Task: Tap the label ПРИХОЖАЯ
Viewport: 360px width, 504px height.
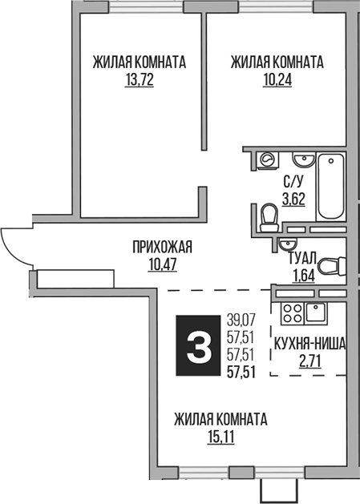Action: pyautogui.click(x=163, y=247)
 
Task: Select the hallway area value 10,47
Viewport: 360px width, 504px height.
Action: pyautogui.click(x=163, y=263)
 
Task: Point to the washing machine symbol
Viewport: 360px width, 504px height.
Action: pyautogui.click(x=266, y=160)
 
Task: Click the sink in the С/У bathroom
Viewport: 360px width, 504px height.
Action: pyautogui.click(x=302, y=158)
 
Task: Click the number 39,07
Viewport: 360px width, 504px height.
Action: pyautogui.click(x=240, y=321)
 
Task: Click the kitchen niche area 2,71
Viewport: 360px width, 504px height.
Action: pyautogui.click(x=309, y=360)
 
